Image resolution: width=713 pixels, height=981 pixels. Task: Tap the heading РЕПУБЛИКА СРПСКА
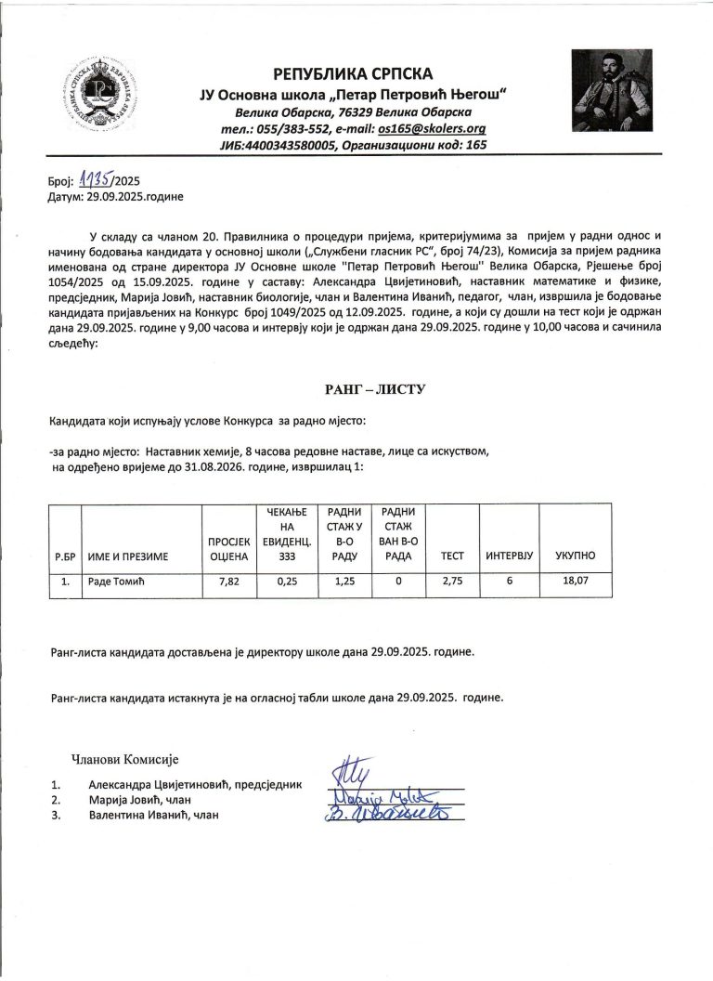[353, 73]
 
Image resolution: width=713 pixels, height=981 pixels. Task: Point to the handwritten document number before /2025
[93, 180]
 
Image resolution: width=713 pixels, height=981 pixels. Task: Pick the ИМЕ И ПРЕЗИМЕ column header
[128, 556]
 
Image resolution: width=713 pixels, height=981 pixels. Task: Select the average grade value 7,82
[227, 582]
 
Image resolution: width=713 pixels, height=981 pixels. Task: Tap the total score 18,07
[576, 582]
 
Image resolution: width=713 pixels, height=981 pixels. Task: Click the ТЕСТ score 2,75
[452, 582]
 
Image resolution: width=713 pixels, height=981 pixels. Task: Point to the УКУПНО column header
[576, 556]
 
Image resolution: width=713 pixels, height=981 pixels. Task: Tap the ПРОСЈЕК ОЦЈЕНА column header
[227, 548]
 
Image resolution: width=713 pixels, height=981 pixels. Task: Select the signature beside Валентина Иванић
[392, 814]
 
